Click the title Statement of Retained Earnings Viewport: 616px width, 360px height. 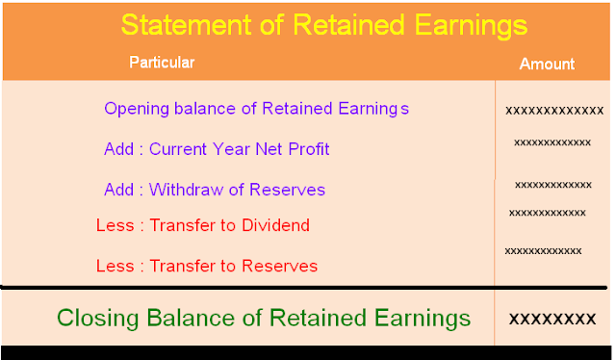point(324,24)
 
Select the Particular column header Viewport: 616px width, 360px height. point(162,64)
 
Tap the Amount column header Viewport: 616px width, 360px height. point(547,64)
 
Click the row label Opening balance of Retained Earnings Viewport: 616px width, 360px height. point(256,109)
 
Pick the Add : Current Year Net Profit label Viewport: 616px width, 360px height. point(217,149)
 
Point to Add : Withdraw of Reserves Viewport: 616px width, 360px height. point(215,190)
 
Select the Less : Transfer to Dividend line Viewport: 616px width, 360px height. point(203,226)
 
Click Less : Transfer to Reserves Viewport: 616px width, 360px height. point(207,266)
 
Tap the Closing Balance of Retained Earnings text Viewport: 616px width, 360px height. point(264,318)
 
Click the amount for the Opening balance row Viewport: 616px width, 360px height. point(554,110)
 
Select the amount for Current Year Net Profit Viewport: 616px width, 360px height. point(552,142)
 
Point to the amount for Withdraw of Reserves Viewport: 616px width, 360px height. point(552,185)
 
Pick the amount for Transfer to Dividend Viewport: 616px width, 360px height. point(547,213)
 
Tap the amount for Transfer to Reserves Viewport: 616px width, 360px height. point(543,251)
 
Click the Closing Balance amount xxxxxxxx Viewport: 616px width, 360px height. point(552,318)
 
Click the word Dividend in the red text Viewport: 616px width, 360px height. point(278,226)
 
